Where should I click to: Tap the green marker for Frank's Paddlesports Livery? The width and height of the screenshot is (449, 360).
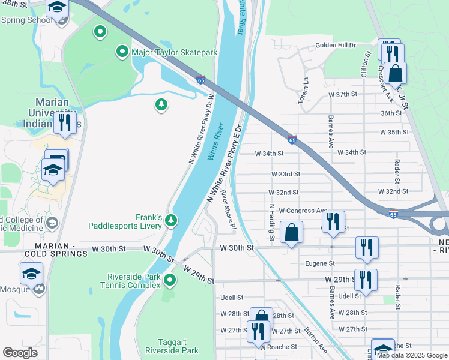pyautogui.click(x=171, y=221)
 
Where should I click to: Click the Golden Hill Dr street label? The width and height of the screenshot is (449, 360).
pyautogui.click(x=336, y=45)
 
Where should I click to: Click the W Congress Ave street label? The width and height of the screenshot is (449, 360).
pyautogui.click(x=298, y=211)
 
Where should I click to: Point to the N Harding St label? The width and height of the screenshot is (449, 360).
pyautogui.click(x=272, y=222)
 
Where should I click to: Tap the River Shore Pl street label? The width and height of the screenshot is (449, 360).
pyautogui.click(x=228, y=209)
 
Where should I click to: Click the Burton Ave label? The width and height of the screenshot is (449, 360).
pyautogui.click(x=315, y=339)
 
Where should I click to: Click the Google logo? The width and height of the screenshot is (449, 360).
pyautogui.click(x=20, y=353)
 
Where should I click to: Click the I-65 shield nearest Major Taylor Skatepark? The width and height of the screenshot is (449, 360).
pyautogui.click(x=201, y=79)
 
